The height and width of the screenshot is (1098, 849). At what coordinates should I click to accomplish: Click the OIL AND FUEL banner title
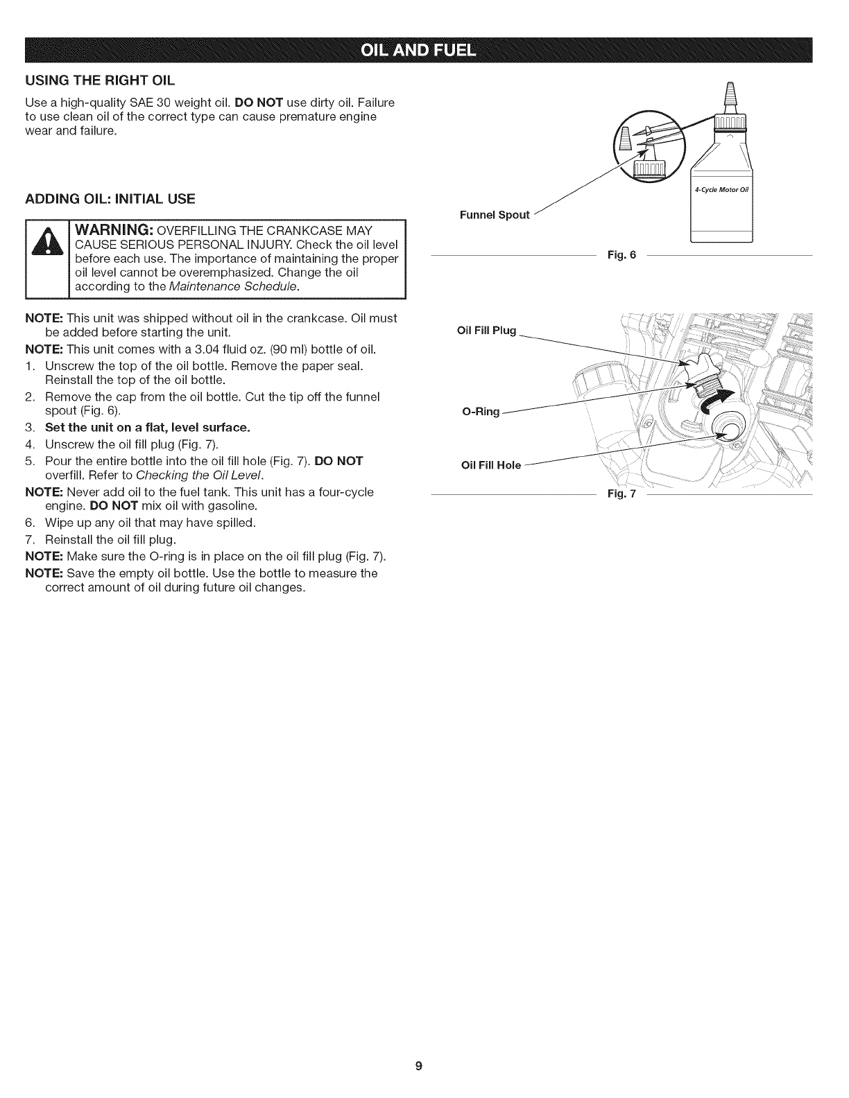424,51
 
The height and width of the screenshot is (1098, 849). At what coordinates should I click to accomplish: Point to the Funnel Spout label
495,215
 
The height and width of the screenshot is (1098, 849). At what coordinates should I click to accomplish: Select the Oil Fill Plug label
487,331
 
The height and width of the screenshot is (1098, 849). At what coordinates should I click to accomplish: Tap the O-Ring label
481,412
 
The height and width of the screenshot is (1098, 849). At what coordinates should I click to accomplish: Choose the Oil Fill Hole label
490,465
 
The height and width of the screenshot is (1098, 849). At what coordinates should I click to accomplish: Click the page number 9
418,1066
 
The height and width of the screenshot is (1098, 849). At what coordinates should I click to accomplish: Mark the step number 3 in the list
29,427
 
